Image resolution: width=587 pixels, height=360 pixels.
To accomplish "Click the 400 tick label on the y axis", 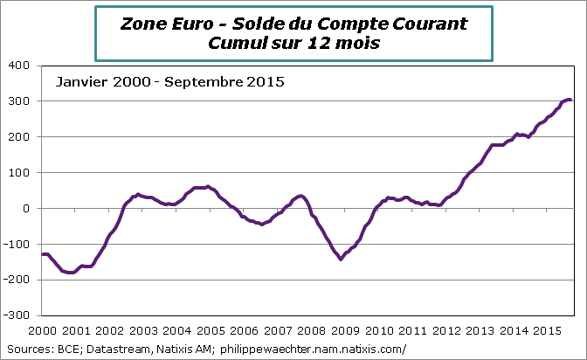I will pyautogui.click(x=20, y=66).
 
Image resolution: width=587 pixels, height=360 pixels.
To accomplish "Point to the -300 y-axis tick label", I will pyautogui.click(x=18, y=315).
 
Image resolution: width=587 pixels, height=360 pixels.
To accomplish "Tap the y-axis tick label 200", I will pyautogui.click(x=20, y=137).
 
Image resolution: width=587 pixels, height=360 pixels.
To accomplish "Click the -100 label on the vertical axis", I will pyautogui.click(x=18, y=244).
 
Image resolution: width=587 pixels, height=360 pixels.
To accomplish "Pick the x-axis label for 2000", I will pyautogui.click(x=42, y=331).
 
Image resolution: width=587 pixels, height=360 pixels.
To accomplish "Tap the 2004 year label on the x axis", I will pyautogui.click(x=177, y=331).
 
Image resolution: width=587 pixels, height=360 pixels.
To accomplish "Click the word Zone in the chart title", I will pyautogui.click(x=141, y=24).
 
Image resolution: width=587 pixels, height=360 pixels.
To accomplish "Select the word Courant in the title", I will pyautogui.click(x=425, y=24).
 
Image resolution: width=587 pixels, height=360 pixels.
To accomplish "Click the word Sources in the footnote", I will pyautogui.click(x=26, y=349).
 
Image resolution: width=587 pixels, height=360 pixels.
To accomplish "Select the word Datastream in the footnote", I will pyautogui.click(x=116, y=349).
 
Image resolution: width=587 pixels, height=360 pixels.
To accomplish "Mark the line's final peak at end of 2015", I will pyautogui.click(x=569, y=100).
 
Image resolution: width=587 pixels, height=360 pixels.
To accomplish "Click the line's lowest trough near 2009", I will pyautogui.click(x=341, y=260).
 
